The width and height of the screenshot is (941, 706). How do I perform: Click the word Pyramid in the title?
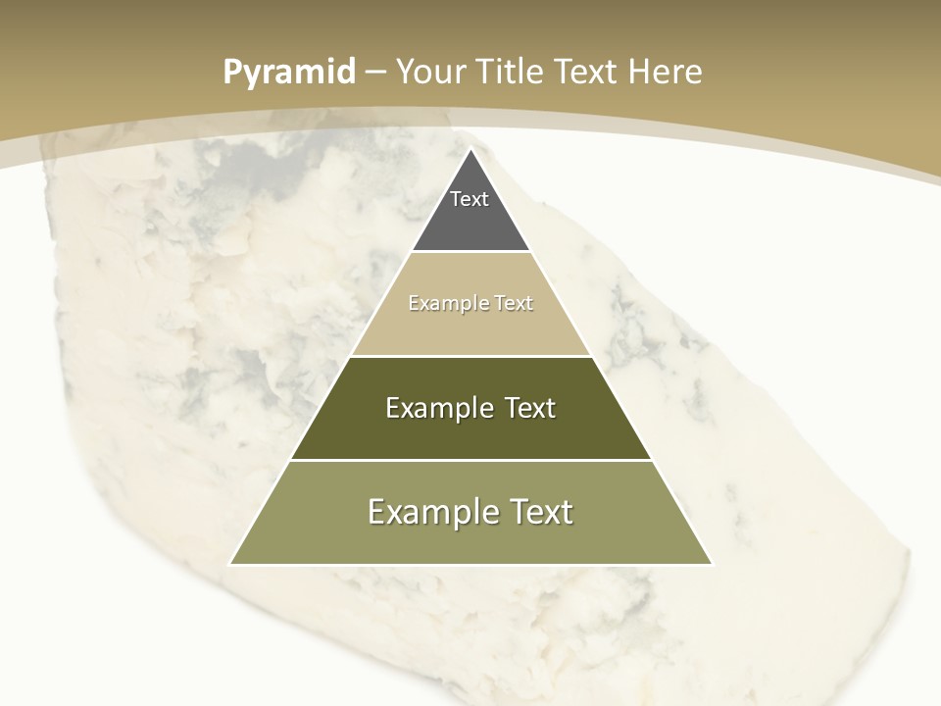click(288, 73)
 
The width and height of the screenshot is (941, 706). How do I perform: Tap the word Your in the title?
click(429, 72)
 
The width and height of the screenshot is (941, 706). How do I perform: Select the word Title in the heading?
click(509, 72)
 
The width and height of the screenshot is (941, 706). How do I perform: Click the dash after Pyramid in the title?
click(375, 73)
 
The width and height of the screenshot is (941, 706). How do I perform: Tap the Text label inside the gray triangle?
click(470, 199)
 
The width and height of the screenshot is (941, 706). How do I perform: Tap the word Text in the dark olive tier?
click(530, 408)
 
